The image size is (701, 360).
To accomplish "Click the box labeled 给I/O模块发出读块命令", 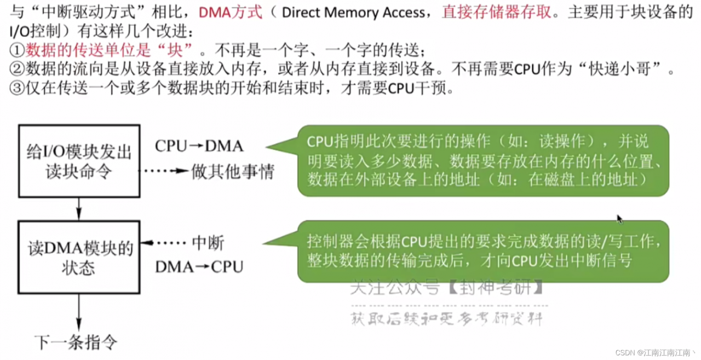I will pyautogui.click(x=80, y=161).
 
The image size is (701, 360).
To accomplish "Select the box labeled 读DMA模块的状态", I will pyautogui.click(x=80, y=258).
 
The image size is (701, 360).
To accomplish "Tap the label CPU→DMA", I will pyautogui.click(x=199, y=146).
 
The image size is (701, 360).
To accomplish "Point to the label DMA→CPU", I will pyautogui.click(x=199, y=267).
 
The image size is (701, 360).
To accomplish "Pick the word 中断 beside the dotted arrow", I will pyautogui.click(x=208, y=243).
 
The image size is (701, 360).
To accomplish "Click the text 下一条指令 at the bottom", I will pyautogui.click(x=76, y=342).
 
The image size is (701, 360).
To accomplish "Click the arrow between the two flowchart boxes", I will pyautogui.click(x=79, y=209).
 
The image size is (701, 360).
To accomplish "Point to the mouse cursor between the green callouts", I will pyautogui.click(x=619, y=219).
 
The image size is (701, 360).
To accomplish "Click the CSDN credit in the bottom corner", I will pyautogui.click(x=655, y=352).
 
